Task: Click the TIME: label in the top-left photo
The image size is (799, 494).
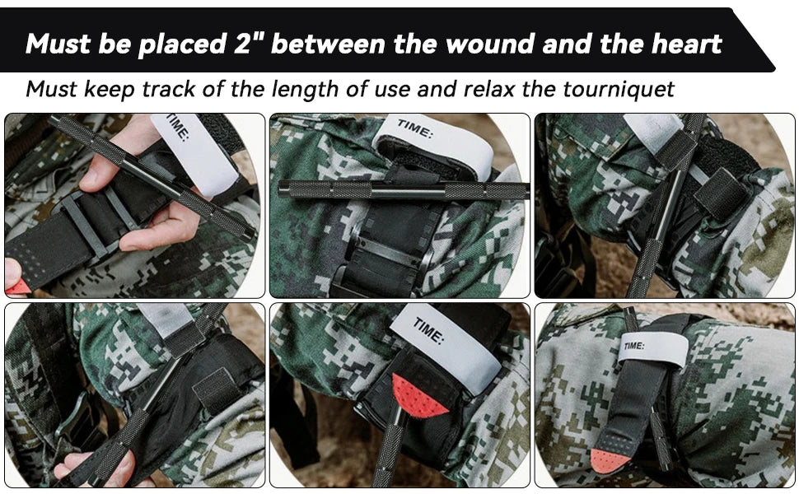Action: [179, 129]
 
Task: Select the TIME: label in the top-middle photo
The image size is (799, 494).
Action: [414, 129]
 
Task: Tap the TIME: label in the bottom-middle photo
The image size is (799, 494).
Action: [428, 330]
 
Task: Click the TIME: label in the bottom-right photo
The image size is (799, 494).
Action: [634, 346]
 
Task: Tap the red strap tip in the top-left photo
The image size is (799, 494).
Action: [16, 287]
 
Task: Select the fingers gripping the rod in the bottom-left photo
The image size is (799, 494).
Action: [95, 467]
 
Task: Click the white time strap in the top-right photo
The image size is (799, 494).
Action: [652, 126]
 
